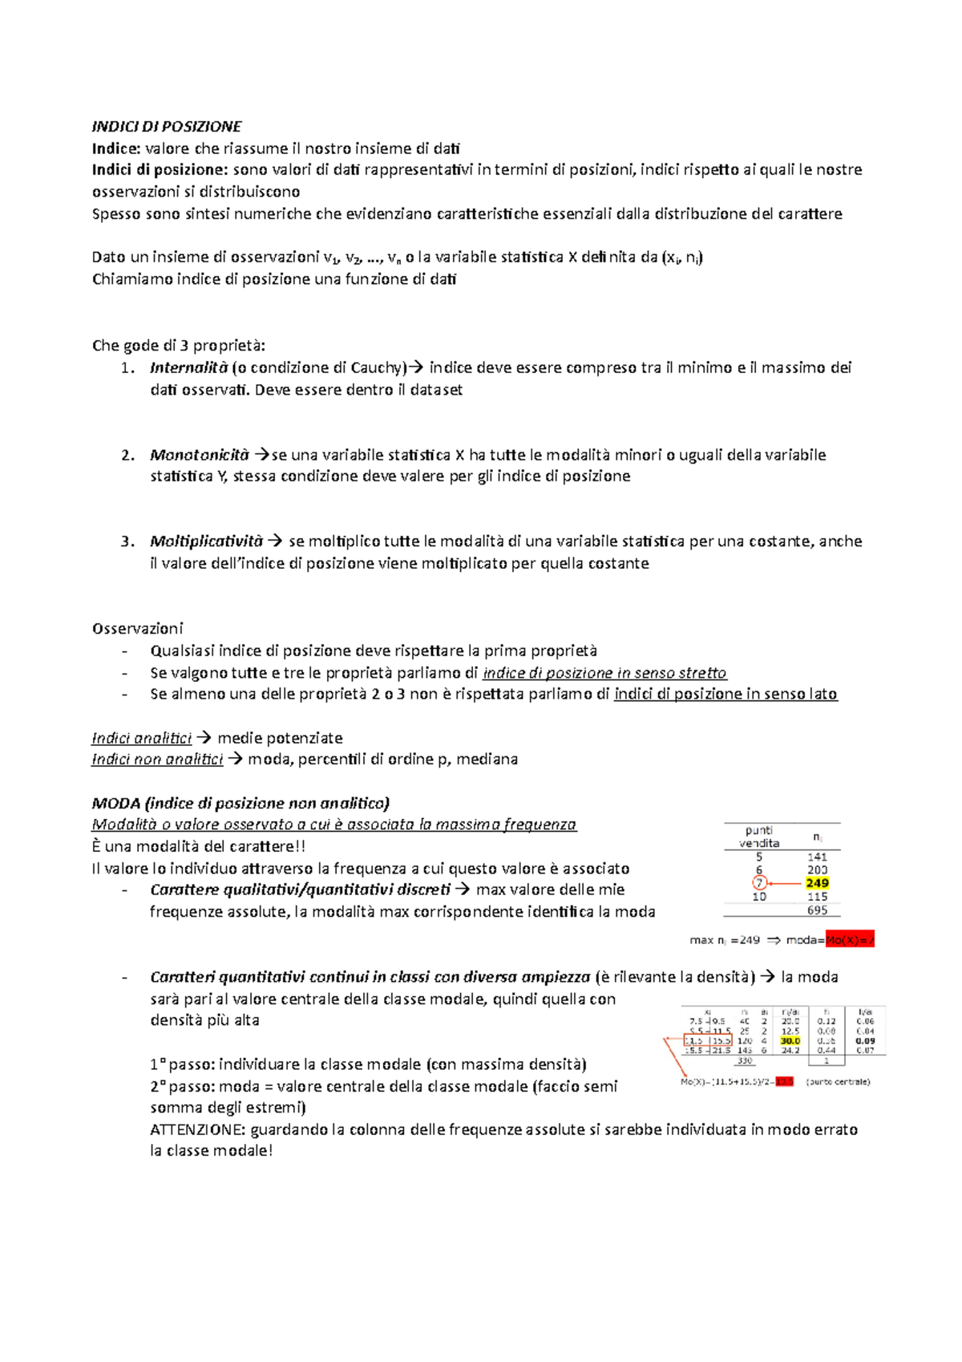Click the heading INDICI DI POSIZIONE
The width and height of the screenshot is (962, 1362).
[x=167, y=127]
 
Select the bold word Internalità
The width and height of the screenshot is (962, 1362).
[x=188, y=368]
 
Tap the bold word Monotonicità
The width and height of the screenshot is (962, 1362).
[x=199, y=455]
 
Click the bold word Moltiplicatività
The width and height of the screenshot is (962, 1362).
[x=206, y=541]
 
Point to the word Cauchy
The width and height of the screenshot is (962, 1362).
[x=376, y=368]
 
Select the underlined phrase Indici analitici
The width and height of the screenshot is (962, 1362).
[x=141, y=738]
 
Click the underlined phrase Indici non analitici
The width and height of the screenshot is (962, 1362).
[x=157, y=760]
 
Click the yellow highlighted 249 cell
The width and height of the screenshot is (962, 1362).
[x=817, y=883]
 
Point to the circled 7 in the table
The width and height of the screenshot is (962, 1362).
[x=759, y=883]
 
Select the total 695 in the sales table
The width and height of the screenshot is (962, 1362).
[x=817, y=910]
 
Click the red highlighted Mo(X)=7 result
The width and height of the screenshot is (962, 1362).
[x=849, y=940]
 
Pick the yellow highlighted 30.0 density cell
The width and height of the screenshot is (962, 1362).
[x=790, y=1041]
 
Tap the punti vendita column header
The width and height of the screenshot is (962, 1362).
[x=758, y=837]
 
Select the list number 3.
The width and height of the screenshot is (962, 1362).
[x=127, y=541]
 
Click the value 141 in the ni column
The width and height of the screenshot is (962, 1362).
[x=817, y=857]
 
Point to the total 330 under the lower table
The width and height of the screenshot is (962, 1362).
[x=745, y=1060]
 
